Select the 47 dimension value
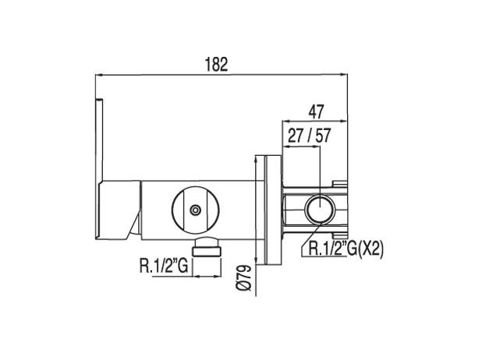point(316,111)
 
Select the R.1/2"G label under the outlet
point(164,266)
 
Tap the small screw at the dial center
point(195,209)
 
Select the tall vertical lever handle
point(100,140)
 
